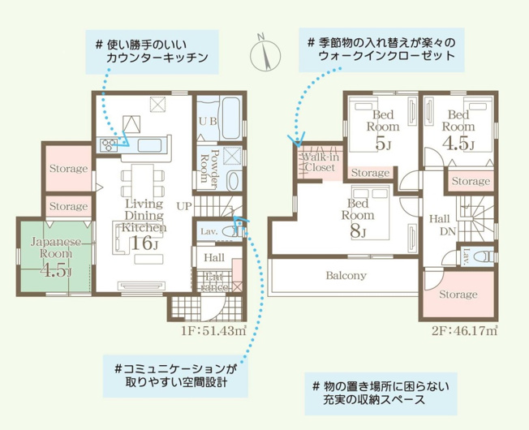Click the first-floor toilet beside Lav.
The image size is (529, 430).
point(231,232)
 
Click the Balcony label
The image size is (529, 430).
point(346,275)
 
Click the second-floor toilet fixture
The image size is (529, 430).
point(483,256)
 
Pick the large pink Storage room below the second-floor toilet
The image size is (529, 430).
point(458,295)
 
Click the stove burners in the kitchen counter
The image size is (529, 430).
point(108,145)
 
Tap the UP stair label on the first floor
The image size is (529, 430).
point(184,206)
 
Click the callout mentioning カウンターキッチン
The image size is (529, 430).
point(150,50)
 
